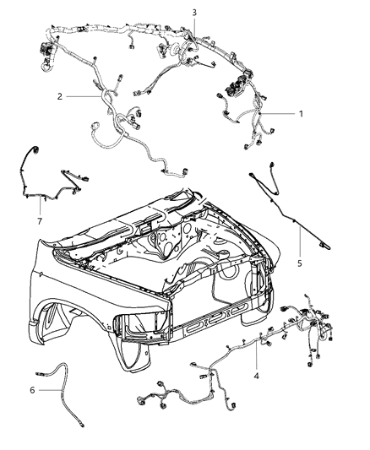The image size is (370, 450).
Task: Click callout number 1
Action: click(301, 114)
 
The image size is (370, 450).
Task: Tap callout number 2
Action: click(60, 96)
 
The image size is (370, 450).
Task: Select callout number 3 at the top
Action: click(194, 13)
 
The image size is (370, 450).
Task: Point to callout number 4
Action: click(256, 376)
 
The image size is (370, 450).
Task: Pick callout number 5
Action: click(300, 263)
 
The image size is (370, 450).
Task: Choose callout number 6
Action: click(32, 390)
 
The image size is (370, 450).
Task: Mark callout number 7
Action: click(40, 221)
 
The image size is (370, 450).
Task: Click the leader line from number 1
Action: click(277, 114)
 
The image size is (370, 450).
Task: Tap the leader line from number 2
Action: click(84, 97)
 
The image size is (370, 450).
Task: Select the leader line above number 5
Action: click(300, 241)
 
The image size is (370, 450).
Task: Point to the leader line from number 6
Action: click(50, 390)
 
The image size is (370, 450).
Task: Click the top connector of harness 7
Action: click(35, 149)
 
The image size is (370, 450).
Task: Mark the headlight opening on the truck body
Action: click(141, 324)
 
